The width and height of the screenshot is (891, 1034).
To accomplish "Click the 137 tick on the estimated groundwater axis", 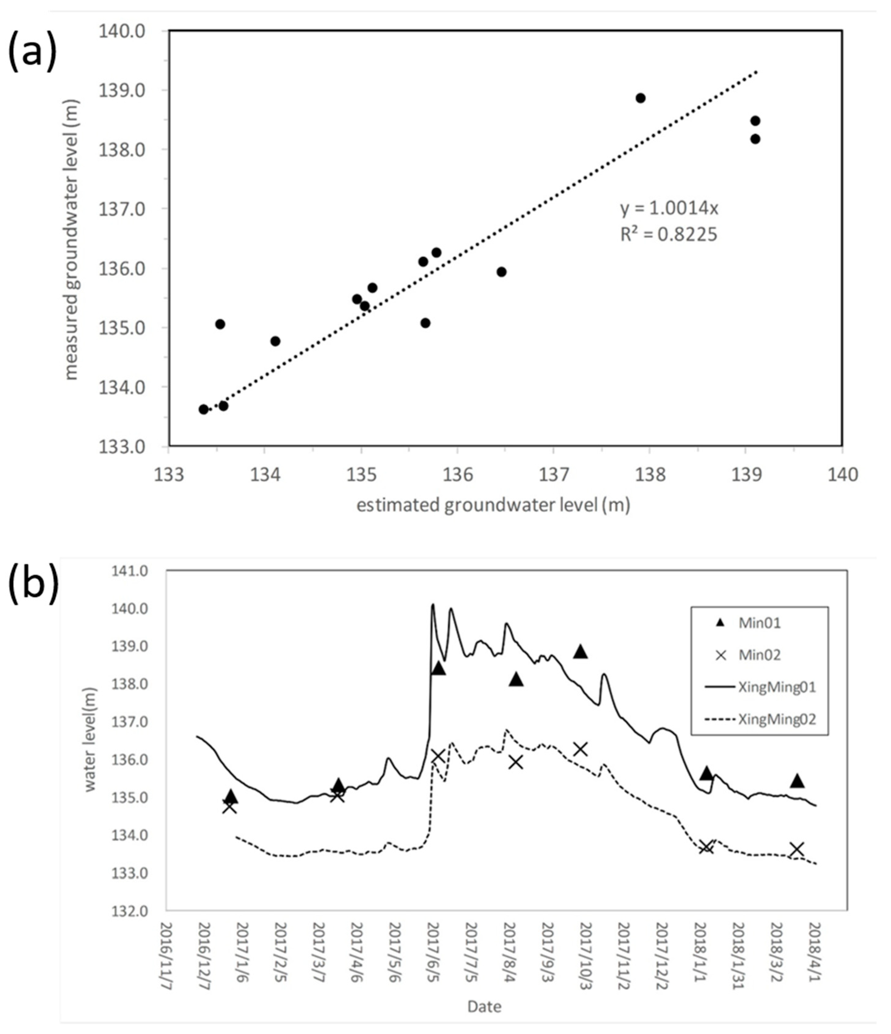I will tap(553, 474).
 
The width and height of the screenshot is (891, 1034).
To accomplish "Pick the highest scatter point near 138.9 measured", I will tap(641, 98).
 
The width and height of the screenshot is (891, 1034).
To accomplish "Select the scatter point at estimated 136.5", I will tap(502, 272).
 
